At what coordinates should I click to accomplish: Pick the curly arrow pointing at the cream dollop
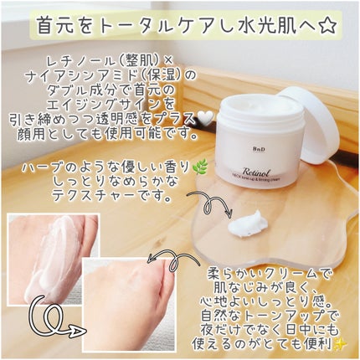click(x=202, y=223)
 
